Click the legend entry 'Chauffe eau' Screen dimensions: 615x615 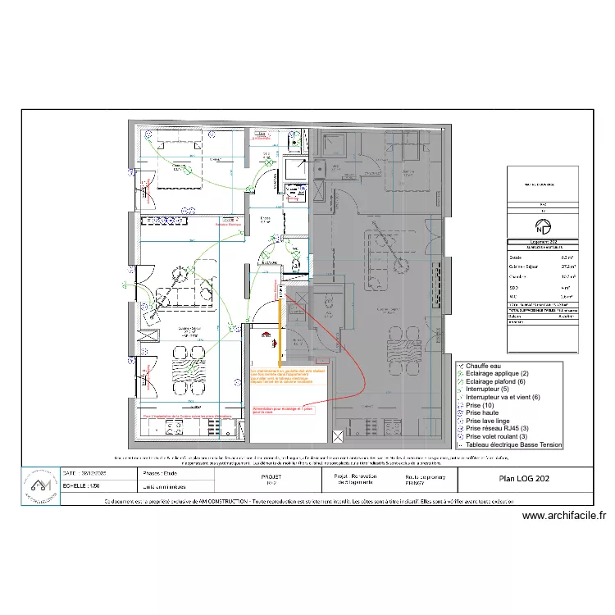484,366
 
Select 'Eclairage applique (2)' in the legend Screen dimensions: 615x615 498,374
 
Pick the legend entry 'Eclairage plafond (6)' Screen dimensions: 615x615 497,381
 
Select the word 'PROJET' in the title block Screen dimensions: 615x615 271,475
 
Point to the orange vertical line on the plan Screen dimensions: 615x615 281,332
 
